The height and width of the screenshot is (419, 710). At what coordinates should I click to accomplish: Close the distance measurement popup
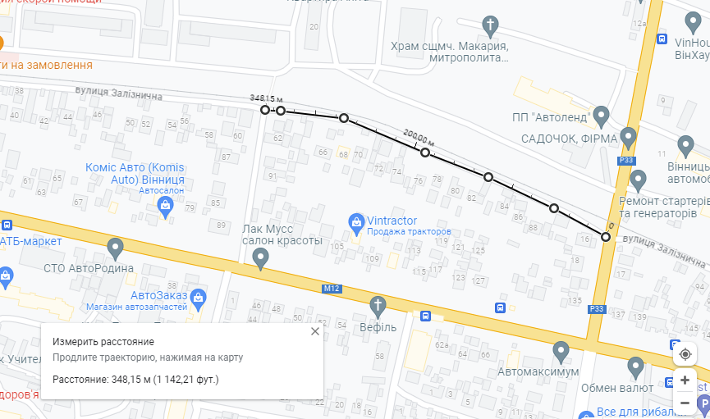pos(314,332)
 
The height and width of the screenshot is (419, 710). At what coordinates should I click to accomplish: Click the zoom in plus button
pos(685,380)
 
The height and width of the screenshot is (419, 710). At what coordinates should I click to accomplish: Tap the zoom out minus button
pos(685,403)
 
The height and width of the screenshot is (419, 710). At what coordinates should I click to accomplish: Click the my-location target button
pos(685,354)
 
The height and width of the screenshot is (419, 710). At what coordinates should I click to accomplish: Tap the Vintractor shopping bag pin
pos(356,221)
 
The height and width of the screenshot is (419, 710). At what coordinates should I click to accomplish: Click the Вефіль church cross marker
pos(378,307)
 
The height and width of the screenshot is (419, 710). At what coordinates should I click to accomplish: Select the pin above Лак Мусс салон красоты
pos(261,258)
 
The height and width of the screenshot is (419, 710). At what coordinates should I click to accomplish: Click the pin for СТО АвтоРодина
pos(116,247)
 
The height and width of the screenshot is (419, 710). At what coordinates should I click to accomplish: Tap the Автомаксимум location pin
pos(561,353)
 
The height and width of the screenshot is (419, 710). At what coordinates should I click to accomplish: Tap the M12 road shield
pos(332,288)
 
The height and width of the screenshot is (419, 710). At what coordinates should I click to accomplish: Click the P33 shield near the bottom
pos(596,308)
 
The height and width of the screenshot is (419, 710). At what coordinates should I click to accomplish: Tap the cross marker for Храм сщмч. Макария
pos(491,25)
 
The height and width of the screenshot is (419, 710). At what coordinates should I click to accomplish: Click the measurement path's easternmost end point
pos(606,237)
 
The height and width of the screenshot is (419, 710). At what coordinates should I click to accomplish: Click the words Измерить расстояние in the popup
pos(103,341)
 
